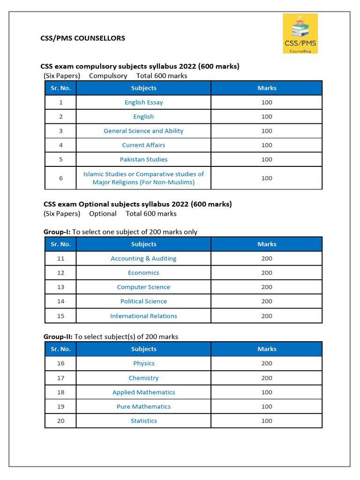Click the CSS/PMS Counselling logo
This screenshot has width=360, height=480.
click(x=300, y=33)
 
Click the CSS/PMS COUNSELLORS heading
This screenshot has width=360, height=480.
click(x=83, y=38)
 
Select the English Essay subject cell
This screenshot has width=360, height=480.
click(x=143, y=102)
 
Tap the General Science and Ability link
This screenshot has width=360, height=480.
click(x=143, y=131)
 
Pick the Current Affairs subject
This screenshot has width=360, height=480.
click(x=143, y=145)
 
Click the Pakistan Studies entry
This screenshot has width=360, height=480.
click(x=143, y=159)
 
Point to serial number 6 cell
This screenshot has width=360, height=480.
click(x=60, y=178)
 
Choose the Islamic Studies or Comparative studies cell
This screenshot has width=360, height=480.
click(x=143, y=178)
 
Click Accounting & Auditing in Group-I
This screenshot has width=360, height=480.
click(x=143, y=258)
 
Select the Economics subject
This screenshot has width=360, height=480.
click(x=143, y=273)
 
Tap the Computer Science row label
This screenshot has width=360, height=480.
click(x=143, y=287)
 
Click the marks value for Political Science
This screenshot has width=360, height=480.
click(x=267, y=301)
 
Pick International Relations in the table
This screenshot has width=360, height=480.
click(x=143, y=316)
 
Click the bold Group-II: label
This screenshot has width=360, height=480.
click(x=58, y=337)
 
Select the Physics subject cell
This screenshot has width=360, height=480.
click(x=143, y=363)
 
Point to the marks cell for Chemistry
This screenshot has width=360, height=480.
click(x=267, y=378)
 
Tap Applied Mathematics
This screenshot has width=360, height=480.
click(x=143, y=392)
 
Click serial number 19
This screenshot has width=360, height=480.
click(x=60, y=406)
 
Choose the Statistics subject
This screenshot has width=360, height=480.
click(x=143, y=421)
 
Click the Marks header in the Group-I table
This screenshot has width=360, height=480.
click(x=267, y=244)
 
